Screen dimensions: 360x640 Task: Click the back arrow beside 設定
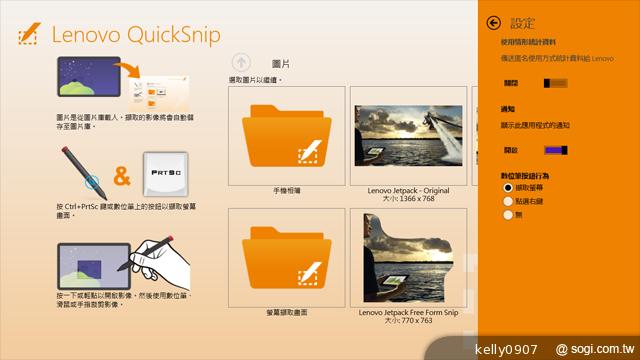tap(493, 22)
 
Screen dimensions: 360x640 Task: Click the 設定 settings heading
tap(523, 22)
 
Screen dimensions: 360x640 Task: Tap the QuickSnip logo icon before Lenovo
tap(28, 36)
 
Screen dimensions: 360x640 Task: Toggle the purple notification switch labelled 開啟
tap(557, 149)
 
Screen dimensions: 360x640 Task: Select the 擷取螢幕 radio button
tap(509, 187)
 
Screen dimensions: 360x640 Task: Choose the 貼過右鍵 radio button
tap(509, 200)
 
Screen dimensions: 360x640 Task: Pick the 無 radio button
tap(509, 214)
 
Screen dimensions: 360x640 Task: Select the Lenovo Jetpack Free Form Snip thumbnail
tap(409, 258)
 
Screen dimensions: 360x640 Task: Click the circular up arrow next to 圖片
tap(240, 61)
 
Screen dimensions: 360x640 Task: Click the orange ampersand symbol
tap(122, 177)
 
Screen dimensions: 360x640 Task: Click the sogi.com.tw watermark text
tap(597, 347)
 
